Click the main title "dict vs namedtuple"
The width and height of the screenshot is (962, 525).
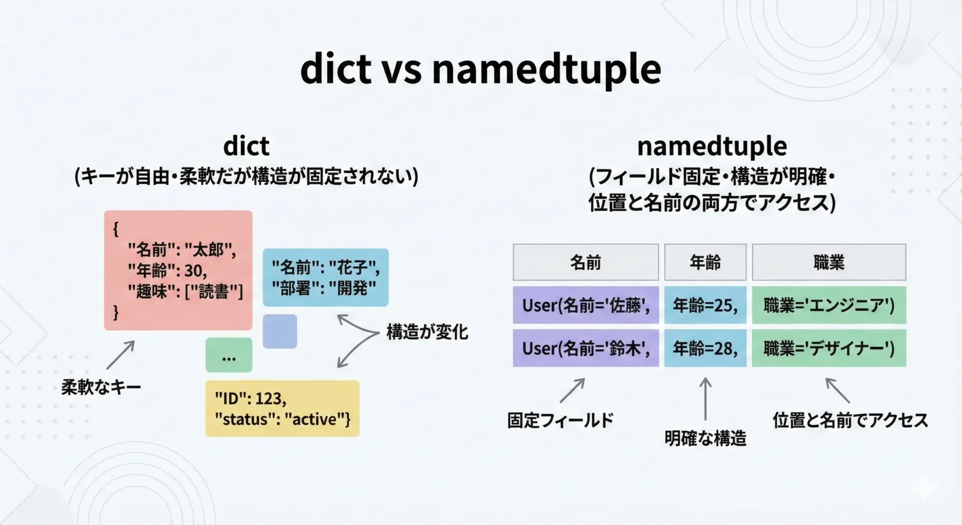[480, 69]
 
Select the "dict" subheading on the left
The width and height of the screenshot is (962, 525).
[246, 146]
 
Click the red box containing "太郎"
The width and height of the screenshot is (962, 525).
[178, 270]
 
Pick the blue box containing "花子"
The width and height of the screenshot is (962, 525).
[326, 277]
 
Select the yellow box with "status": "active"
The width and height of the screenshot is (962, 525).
[283, 408]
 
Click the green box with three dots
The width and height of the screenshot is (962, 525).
[229, 355]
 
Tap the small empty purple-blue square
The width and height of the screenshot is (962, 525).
[280, 331]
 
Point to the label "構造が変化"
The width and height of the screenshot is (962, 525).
[427, 332]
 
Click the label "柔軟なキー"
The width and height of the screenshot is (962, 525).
[101, 387]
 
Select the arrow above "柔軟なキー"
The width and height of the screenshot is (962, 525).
[121, 355]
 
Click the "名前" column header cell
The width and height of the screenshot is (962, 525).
[586, 262]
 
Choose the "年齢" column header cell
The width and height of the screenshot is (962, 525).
[705, 262]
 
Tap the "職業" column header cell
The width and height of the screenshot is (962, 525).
[829, 262]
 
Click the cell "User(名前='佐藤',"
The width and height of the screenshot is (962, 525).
[586, 305]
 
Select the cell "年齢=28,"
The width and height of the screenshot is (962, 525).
[705, 348]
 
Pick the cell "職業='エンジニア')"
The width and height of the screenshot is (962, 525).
[829, 305]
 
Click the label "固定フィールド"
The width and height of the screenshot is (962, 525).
[560, 420]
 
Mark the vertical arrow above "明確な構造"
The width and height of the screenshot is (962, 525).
[705, 399]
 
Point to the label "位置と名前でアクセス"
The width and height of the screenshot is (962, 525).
[850, 420]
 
